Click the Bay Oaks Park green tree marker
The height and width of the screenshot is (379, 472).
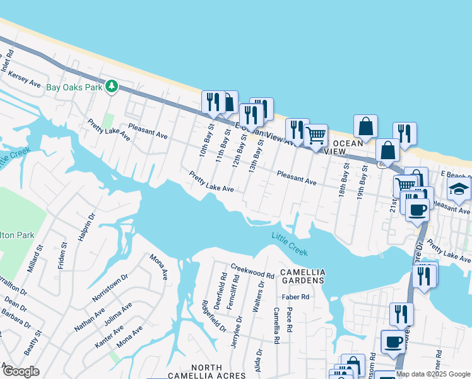112,86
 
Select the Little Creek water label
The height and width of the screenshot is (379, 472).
290,243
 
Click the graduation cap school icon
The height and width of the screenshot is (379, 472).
459,189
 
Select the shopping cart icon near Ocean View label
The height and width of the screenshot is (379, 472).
316,135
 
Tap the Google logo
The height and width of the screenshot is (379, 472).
20,371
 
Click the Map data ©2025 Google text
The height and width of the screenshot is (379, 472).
433,374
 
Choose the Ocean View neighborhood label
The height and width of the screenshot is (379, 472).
344,147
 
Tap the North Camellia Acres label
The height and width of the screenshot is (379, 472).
206,371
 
